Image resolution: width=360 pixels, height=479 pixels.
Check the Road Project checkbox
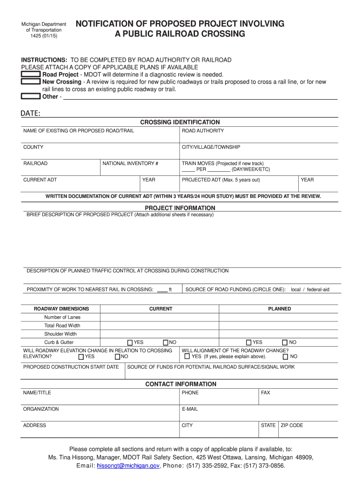31,74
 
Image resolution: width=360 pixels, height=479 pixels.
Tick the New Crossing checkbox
31,82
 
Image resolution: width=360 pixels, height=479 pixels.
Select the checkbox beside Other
31,96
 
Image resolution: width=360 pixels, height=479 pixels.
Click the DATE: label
30,114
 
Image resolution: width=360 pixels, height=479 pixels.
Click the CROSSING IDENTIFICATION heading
180,122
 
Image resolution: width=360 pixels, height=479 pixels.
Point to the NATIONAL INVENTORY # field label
130,163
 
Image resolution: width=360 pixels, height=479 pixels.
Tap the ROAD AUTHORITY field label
202,131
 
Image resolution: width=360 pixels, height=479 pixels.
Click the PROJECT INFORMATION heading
180,208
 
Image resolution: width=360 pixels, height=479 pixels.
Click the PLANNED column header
279,309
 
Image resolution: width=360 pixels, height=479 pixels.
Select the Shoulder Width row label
60,334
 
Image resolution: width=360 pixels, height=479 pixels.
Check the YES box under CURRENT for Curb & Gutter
130,343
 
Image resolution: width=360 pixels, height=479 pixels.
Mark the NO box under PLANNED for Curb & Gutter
285,343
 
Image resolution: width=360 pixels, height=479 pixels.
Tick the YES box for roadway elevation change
81,357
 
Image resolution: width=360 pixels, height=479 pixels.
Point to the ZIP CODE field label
292,425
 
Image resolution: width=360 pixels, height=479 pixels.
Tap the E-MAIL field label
190,409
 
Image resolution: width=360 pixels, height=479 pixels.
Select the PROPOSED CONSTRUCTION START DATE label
71,367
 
